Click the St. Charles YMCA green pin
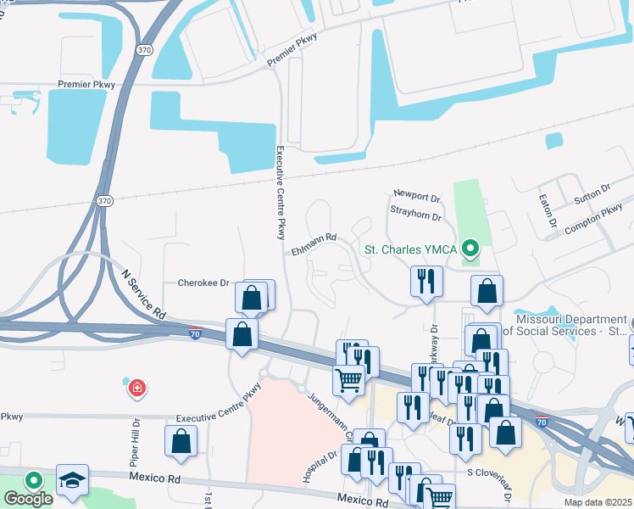(472, 249)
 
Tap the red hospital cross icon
(136, 389)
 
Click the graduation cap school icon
(73, 479)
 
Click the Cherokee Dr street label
(203, 282)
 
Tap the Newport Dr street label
(417, 198)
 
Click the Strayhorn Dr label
(415, 217)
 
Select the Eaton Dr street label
(545, 211)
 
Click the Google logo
(28, 499)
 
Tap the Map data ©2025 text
(598, 502)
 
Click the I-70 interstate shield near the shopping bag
(195, 333)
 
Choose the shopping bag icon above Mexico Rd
(181, 441)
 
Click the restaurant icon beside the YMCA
(425, 282)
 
